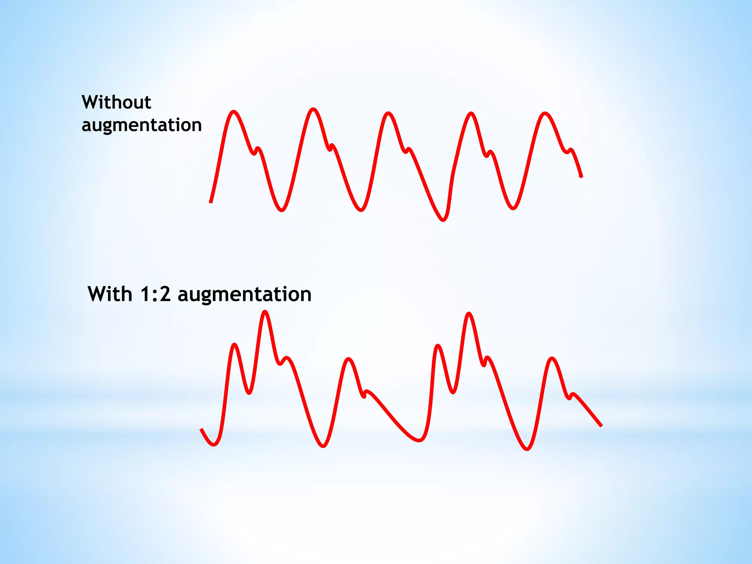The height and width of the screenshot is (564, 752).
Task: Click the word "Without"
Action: (116, 102)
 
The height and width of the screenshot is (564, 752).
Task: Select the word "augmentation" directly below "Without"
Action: (142, 125)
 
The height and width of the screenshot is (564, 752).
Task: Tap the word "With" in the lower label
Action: (110, 294)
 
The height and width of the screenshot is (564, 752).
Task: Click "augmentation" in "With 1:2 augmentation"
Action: (245, 294)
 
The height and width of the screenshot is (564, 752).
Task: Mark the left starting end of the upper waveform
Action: (211, 202)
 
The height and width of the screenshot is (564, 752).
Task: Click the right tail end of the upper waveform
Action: (581, 177)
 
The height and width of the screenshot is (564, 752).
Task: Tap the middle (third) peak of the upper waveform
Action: (388, 113)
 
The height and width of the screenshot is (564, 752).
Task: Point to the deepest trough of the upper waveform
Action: (443, 220)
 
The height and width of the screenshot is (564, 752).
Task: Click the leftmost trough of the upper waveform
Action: (282, 210)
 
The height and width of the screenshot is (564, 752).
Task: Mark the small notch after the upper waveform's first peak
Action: (254, 153)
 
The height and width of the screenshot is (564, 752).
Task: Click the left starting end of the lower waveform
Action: (201, 429)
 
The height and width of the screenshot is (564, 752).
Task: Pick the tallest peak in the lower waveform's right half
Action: (469, 314)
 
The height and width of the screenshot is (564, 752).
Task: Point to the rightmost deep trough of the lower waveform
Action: (527, 449)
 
